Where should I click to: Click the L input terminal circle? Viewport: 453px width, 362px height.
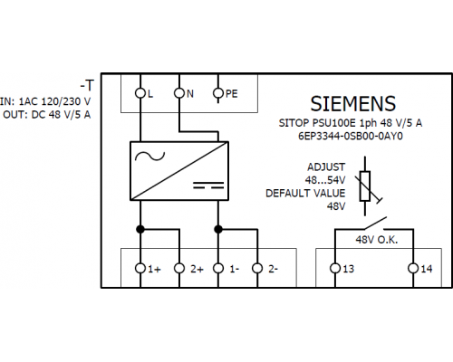click(x=140, y=93)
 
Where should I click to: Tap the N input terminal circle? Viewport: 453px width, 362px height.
click(x=179, y=93)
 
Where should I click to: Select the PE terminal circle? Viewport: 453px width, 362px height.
click(x=218, y=93)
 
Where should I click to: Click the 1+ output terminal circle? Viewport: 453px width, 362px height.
click(x=140, y=268)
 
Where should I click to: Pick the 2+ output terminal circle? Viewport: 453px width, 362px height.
click(x=179, y=268)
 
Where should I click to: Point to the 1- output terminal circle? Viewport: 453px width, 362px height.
click(x=218, y=268)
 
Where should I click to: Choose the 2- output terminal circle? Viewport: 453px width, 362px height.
click(x=257, y=268)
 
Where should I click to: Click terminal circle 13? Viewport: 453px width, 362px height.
click(x=335, y=268)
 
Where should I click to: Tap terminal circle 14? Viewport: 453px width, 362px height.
click(x=413, y=268)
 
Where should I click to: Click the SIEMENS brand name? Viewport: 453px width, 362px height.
click(x=352, y=104)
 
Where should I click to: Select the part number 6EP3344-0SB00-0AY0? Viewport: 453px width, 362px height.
click(x=351, y=136)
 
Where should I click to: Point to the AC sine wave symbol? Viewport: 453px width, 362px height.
click(x=149, y=157)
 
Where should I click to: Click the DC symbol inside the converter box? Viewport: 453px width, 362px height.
click(x=208, y=186)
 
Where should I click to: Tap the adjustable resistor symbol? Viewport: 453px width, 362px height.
click(x=366, y=186)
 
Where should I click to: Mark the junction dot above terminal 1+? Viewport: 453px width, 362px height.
click(x=140, y=229)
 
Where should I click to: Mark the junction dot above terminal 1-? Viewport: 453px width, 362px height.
click(x=218, y=229)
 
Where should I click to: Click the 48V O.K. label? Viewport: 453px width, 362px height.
click(x=377, y=240)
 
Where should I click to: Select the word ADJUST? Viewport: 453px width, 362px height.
click(x=326, y=167)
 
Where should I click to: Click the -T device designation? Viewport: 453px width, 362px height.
click(x=87, y=86)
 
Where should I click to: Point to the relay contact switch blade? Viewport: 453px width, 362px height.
click(x=374, y=223)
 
